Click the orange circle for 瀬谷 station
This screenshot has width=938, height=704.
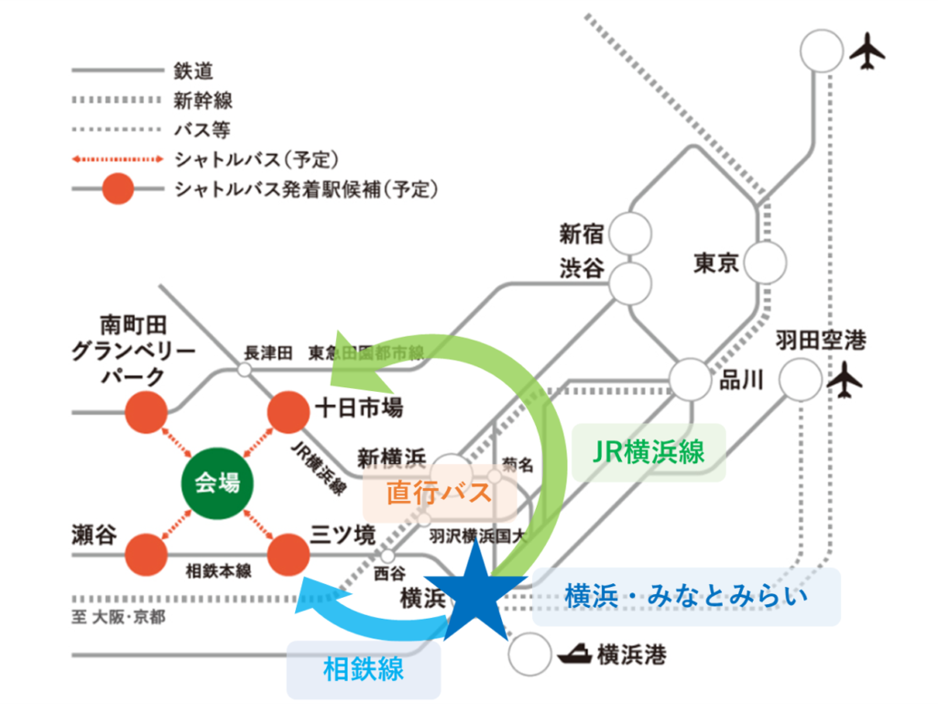coord(147,554)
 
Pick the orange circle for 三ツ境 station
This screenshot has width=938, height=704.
coord(289,553)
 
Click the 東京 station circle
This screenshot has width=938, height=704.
coord(764,264)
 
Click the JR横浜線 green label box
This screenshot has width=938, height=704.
coord(649,452)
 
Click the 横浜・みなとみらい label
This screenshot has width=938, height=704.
coord(686,597)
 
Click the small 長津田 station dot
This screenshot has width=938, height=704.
coord(245,370)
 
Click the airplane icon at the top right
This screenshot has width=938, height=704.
coord(867,51)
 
